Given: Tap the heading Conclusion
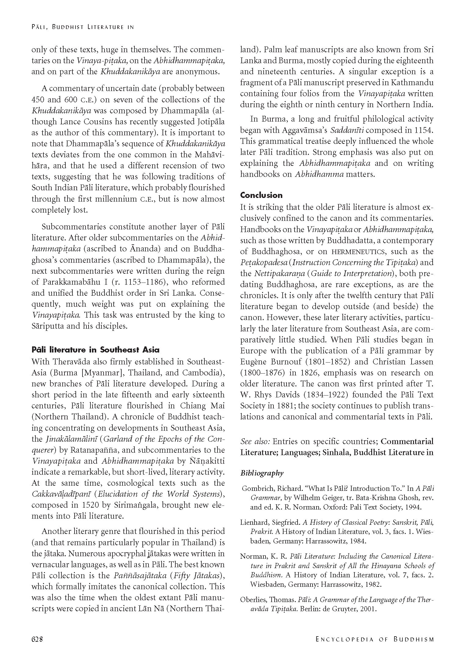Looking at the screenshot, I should coord(261,195).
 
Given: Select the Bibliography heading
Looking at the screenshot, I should coord(262,473).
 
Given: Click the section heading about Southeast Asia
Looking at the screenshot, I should coord(95,350).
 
